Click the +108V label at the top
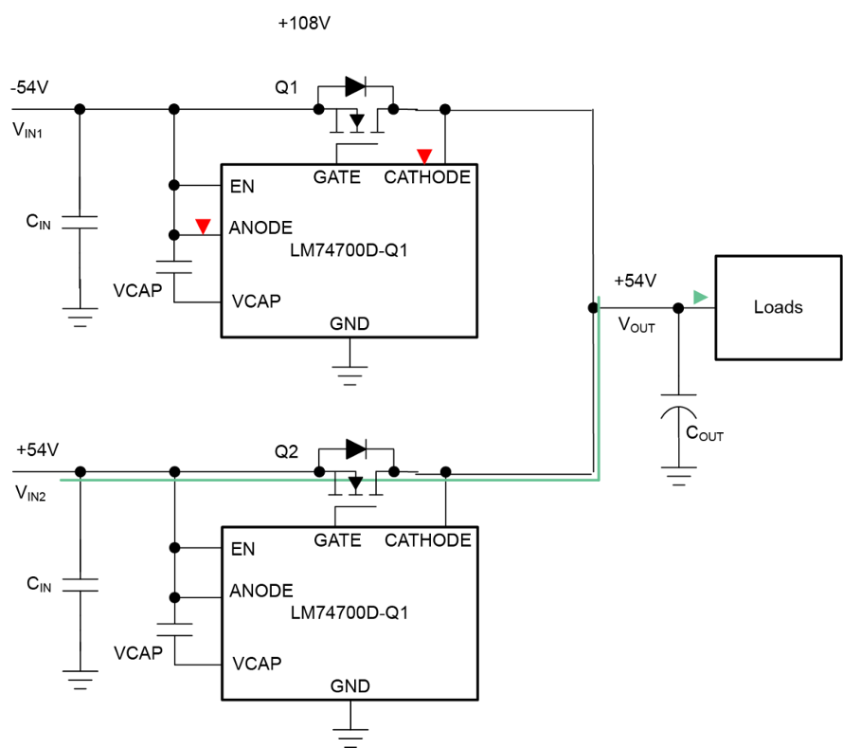[304, 23]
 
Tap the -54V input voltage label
[29, 87]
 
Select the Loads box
[778, 307]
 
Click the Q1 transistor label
[286, 87]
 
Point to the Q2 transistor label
[286, 451]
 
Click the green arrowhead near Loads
[700, 297]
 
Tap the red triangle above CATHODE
[424, 156]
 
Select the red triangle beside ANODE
[203, 226]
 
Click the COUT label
[705, 432]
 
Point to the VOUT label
[637, 324]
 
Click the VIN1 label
[27, 130]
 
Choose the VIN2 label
[30, 493]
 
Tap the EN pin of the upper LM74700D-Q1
[242, 186]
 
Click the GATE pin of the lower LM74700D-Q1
[337, 539]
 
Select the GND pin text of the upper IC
[350, 323]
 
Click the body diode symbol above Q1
[355, 86]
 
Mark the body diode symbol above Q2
[356, 448]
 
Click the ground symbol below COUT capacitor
[679, 476]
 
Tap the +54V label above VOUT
[635, 281]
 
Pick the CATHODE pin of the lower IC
[428, 539]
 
